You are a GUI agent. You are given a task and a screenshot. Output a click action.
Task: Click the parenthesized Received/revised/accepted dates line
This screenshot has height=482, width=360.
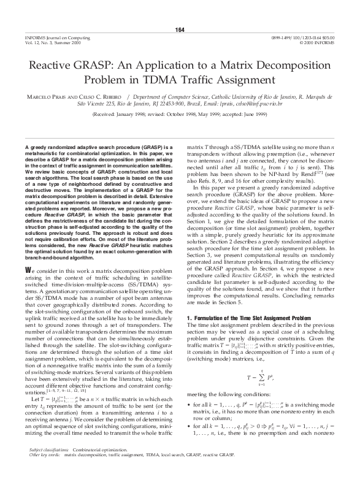click(180, 115)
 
